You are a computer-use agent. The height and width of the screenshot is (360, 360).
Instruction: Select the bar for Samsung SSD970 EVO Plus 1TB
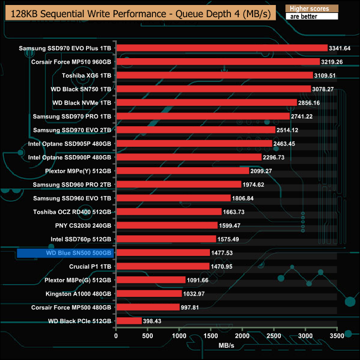222,48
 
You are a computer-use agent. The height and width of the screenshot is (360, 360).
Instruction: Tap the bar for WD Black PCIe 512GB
129,321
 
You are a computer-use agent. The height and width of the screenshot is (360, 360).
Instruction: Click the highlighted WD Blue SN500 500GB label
65,253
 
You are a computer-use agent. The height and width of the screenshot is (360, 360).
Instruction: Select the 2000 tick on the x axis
243,336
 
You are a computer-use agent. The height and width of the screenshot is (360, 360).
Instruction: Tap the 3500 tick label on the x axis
337,336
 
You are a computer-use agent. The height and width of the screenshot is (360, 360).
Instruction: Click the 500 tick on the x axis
148,336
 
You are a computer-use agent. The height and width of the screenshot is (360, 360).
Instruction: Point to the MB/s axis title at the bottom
227,346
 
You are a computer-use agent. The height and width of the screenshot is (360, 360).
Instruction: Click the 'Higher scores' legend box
311,9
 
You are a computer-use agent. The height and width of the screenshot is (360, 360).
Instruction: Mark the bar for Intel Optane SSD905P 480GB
194,143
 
